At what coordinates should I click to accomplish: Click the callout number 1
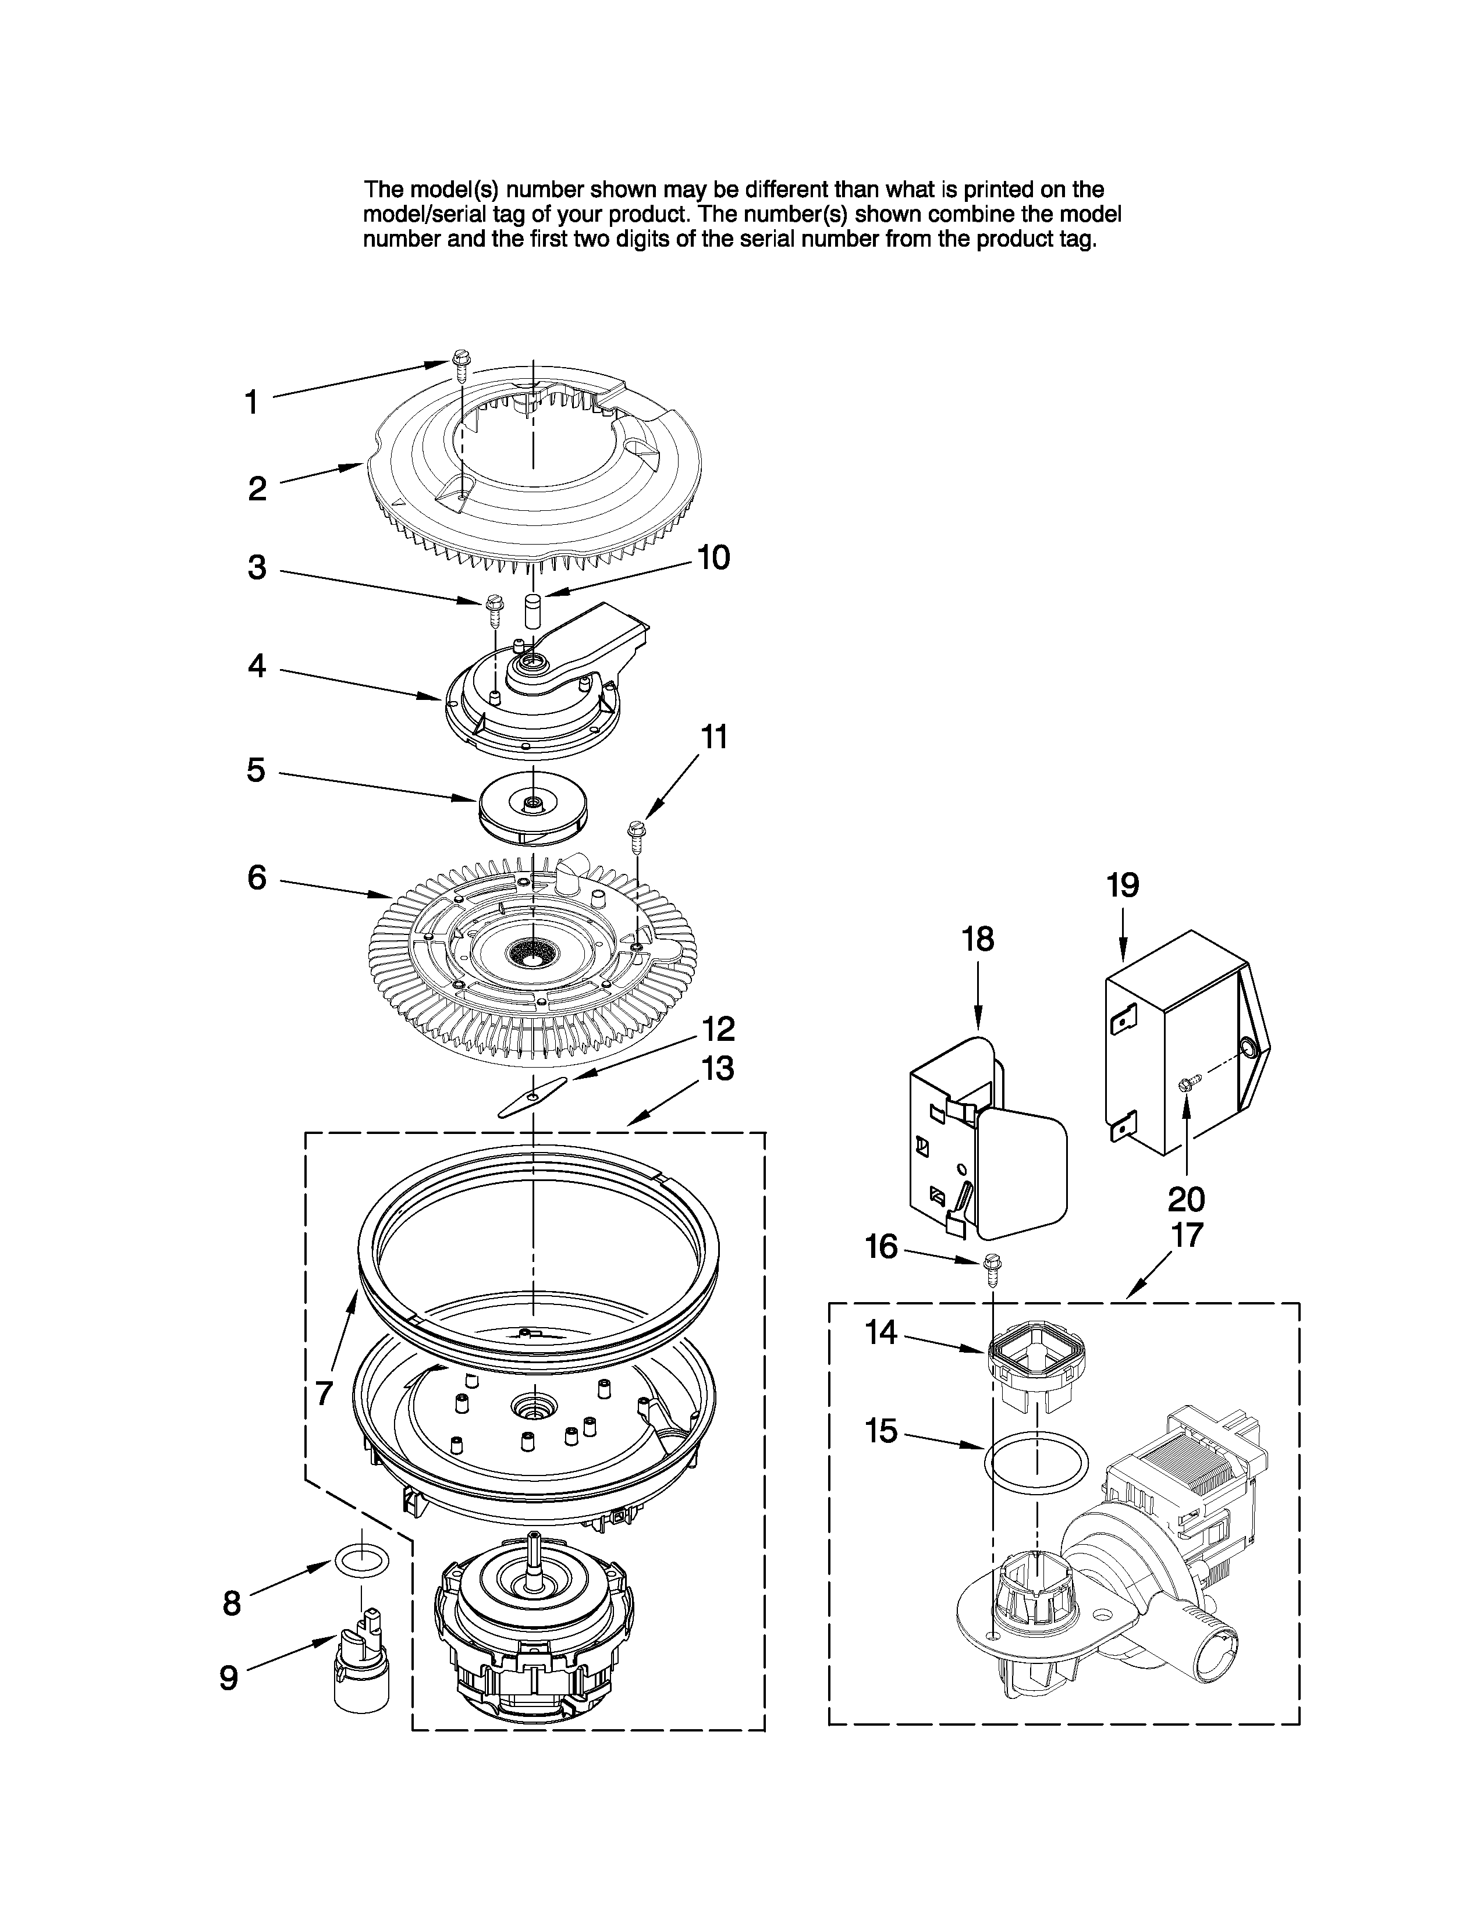pyautogui.click(x=251, y=403)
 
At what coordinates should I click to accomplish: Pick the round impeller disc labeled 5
pyautogui.click(x=532, y=810)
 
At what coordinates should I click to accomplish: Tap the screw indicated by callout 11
pyautogui.click(x=636, y=834)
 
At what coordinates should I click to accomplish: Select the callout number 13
pyautogui.click(x=718, y=1069)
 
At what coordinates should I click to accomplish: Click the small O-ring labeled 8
pyautogui.click(x=360, y=1562)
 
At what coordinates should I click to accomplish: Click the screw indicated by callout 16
pyautogui.click(x=992, y=1270)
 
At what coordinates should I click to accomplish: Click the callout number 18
pyautogui.click(x=978, y=940)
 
